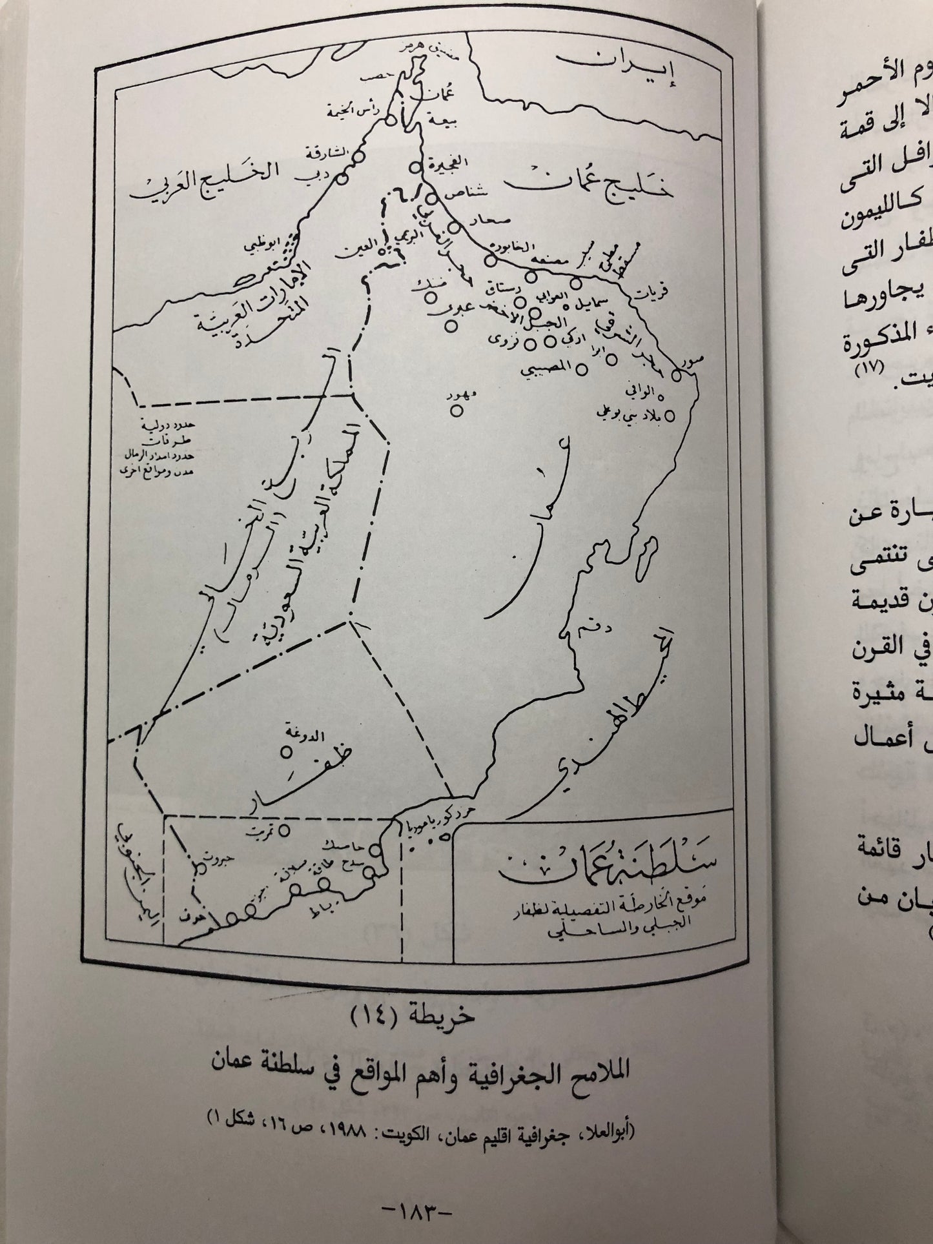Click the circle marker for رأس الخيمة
390,120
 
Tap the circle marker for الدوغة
285,752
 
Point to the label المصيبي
551,369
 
